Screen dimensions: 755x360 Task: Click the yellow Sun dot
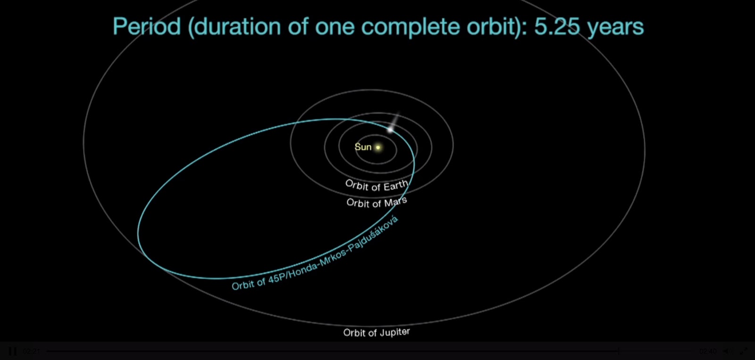378,147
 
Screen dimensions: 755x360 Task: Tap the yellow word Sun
363,147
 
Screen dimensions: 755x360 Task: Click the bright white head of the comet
390,129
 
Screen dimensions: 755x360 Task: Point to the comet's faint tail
395,119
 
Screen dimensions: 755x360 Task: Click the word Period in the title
147,26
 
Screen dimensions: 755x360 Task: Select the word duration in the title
238,26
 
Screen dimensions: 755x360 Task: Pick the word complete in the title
411,27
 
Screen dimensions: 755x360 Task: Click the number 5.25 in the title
557,26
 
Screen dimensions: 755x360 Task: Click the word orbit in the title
490,26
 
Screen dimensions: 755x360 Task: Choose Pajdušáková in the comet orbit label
373,233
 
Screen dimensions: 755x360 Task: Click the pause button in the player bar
12,352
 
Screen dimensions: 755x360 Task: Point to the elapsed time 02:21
31,352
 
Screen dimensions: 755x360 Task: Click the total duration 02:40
708,352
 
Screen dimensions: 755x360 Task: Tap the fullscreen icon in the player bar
744,352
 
